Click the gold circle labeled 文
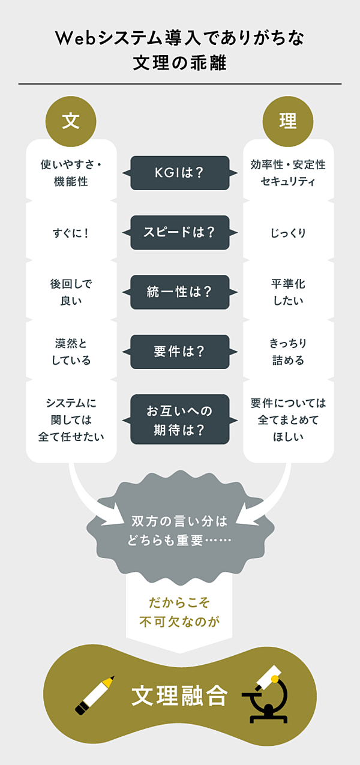point(71,122)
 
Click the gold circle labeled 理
point(288,122)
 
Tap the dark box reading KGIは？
point(180,173)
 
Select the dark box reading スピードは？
point(180,232)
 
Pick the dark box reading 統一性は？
point(180,292)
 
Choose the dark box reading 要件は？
point(180,352)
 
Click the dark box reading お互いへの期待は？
point(180,419)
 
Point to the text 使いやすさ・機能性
point(71,173)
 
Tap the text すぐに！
point(71,233)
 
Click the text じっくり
point(288,233)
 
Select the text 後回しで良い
point(71,292)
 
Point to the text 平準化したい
point(288,292)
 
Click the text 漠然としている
point(71,352)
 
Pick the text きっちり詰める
point(288,352)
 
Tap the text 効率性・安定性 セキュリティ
point(288,173)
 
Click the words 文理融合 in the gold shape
point(180,696)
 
